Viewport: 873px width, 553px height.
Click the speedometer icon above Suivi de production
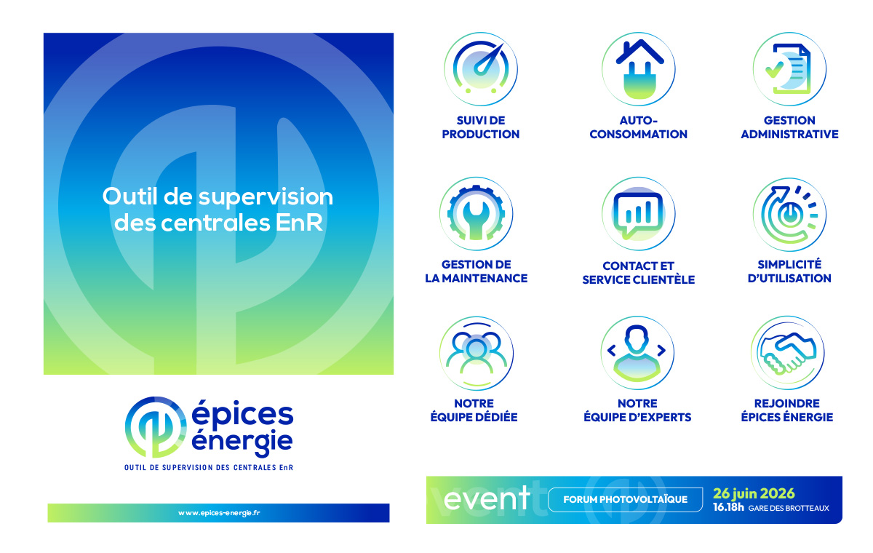[x=481, y=69]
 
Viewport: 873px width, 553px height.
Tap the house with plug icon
[x=638, y=69]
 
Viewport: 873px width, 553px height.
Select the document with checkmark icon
[x=789, y=69]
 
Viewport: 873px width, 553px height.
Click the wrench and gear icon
[x=477, y=213]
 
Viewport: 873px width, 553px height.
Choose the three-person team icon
[x=477, y=353]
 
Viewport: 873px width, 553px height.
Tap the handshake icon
[x=788, y=353]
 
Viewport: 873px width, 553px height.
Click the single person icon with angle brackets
[x=637, y=353]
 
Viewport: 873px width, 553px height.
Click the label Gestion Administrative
[x=789, y=127]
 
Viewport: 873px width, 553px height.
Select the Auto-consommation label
[x=638, y=127]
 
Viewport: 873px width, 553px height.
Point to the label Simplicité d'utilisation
[x=789, y=271]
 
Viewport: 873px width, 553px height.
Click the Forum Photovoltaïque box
[x=626, y=499]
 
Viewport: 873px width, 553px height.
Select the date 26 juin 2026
[x=754, y=493]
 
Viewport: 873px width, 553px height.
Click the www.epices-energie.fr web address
[x=219, y=513]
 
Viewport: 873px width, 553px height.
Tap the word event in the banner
[x=487, y=498]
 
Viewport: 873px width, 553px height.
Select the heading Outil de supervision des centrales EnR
[x=218, y=210]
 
